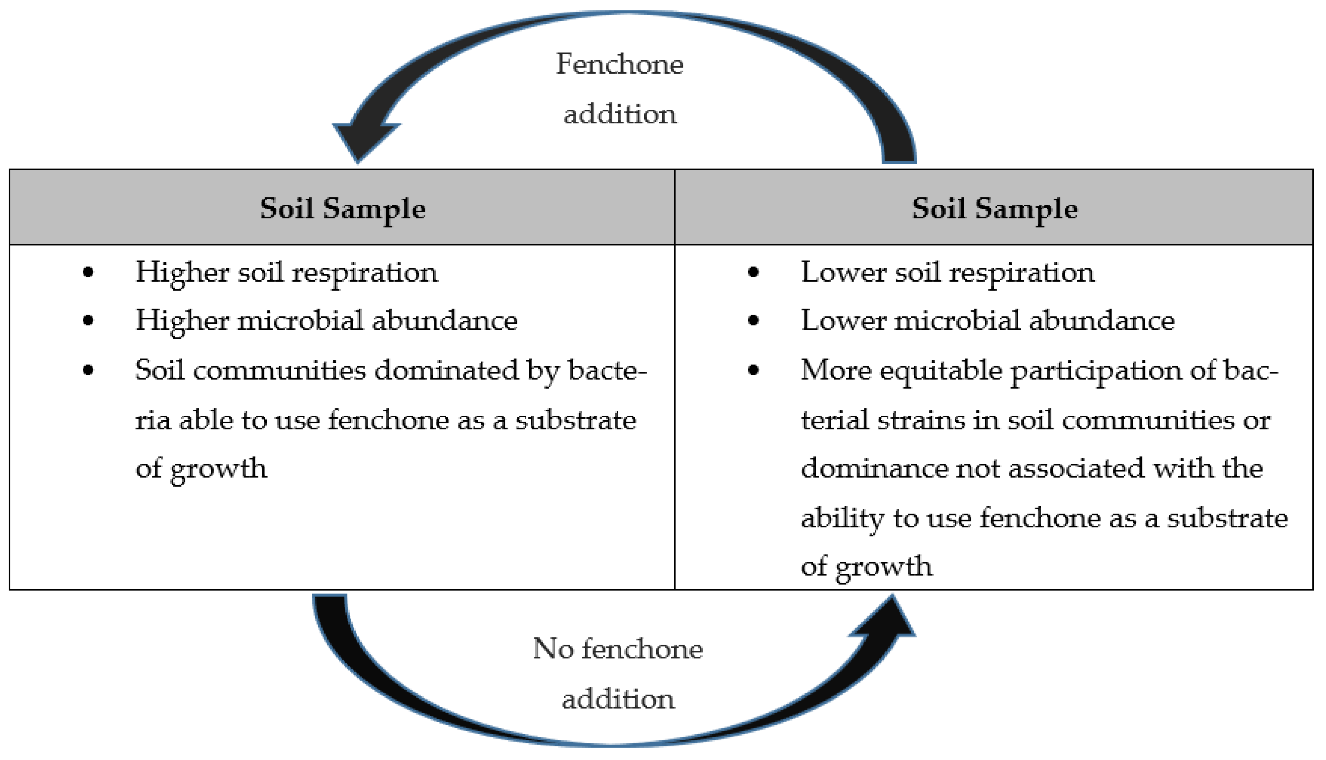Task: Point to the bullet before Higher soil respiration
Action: pyautogui.click(x=88, y=272)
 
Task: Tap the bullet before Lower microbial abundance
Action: pyautogui.click(x=753, y=320)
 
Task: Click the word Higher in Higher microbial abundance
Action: pyautogui.click(x=182, y=320)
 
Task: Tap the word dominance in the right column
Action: pyautogui.click(x=874, y=468)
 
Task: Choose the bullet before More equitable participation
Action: pyautogui.click(x=753, y=370)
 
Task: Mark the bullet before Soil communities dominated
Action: pyautogui.click(x=88, y=370)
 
